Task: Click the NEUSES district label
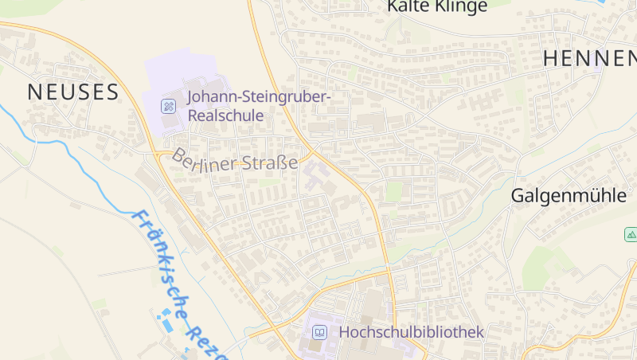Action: coord(73,92)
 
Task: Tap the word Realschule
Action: coord(225,115)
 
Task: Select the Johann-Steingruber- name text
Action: coord(260,97)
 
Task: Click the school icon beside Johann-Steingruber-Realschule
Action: coord(169,106)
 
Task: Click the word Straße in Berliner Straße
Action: coord(272,164)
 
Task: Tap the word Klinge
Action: coord(461,6)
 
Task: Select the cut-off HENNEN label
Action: coord(589,58)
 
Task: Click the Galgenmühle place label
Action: coord(569,196)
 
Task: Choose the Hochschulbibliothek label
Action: coord(411,331)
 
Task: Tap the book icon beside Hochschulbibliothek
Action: coord(318,331)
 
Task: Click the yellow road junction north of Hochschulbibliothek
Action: coord(389,271)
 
